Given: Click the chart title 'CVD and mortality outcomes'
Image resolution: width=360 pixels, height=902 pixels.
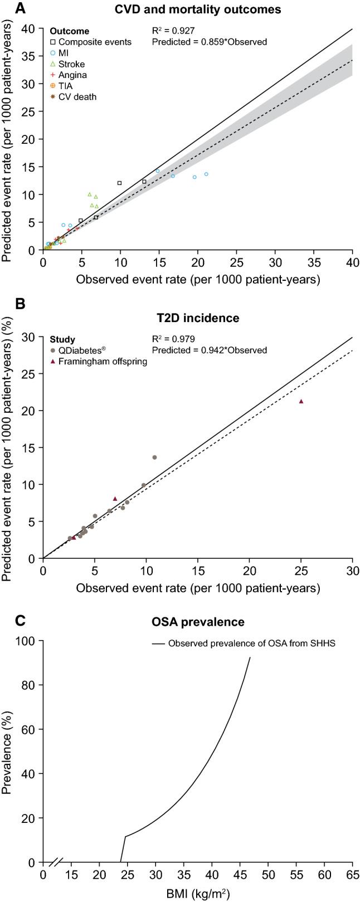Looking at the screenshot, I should (198, 9).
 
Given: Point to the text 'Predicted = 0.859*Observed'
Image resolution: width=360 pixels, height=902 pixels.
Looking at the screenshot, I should (209, 42).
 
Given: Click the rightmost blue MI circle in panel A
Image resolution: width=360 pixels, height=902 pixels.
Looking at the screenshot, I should (206, 174).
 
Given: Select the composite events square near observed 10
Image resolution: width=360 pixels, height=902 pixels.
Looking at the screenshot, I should (119, 183).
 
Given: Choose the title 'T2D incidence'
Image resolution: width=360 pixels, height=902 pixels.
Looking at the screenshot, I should (198, 318).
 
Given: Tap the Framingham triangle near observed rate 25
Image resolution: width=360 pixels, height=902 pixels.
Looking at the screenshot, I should (301, 401).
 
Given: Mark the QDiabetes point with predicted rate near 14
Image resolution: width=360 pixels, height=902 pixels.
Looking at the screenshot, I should (154, 457).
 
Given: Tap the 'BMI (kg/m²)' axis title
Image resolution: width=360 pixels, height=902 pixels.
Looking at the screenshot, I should (198, 894).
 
